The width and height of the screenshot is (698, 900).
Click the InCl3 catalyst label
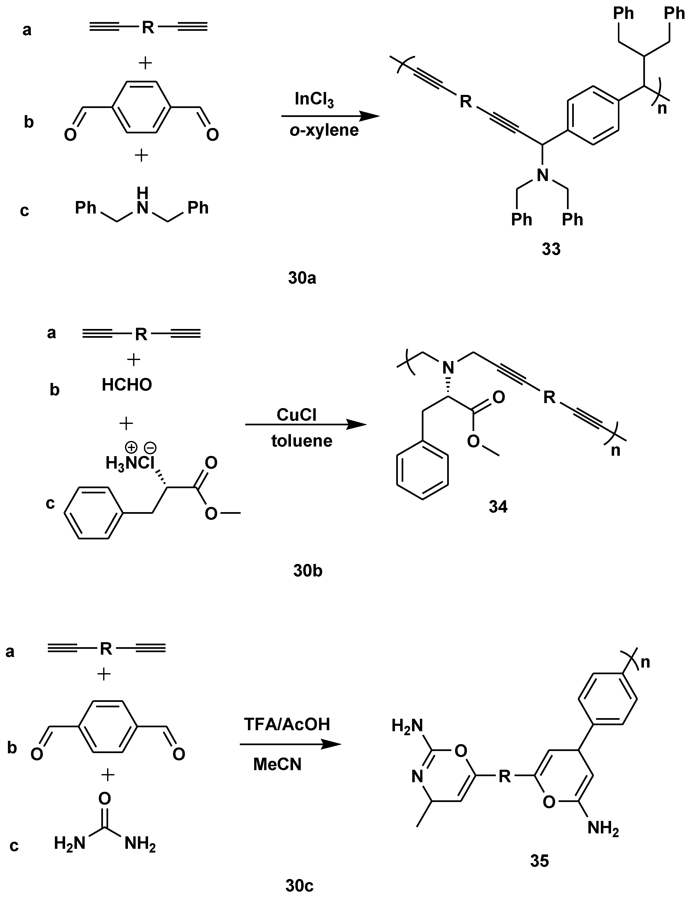pos(314,100)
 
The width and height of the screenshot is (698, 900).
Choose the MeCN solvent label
pos(277,764)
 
